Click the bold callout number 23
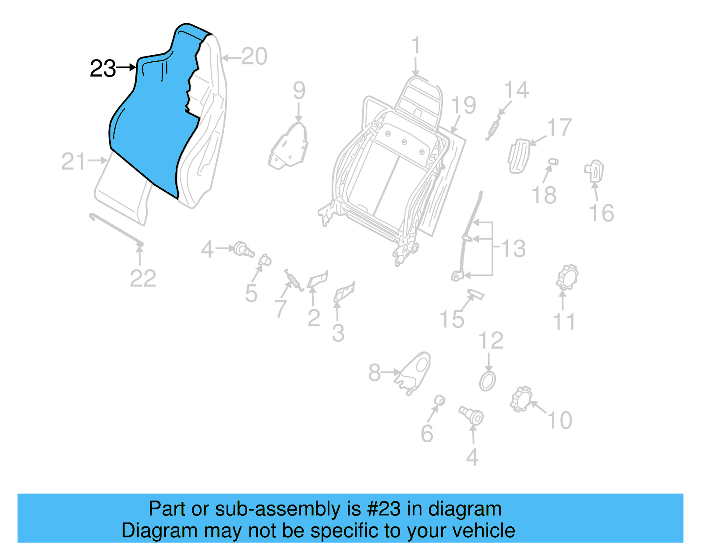click(103, 69)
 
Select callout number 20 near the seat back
click(254, 57)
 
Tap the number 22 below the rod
click(143, 279)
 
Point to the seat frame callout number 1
click(416, 46)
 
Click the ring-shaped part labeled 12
click(488, 381)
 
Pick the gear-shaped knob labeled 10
click(521, 399)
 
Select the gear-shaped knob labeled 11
click(567, 277)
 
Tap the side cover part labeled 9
click(289, 147)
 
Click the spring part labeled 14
click(493, 127)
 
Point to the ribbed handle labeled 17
click(518, 155)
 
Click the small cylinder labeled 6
click(439, 400)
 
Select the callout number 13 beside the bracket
click(513, 249)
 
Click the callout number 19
click(463, 106)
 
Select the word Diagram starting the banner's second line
click(147, 531)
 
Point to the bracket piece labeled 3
click(344, 292)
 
